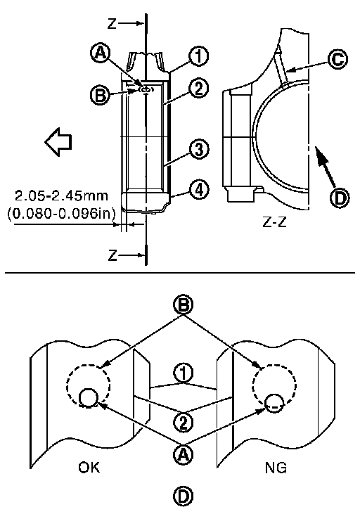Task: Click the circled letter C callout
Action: [x=337, y=59]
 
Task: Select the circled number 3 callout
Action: [x=199, y=149]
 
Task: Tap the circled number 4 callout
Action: [x=199, y=190]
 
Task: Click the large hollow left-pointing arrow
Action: [x=58, y=141]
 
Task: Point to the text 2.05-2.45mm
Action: [x=61, y=195]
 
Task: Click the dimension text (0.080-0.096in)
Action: [x=61, y=212]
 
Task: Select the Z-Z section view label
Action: [x=275, y=222]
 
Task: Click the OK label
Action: [x=89, y=467]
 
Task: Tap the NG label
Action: [x=276, y=468]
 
